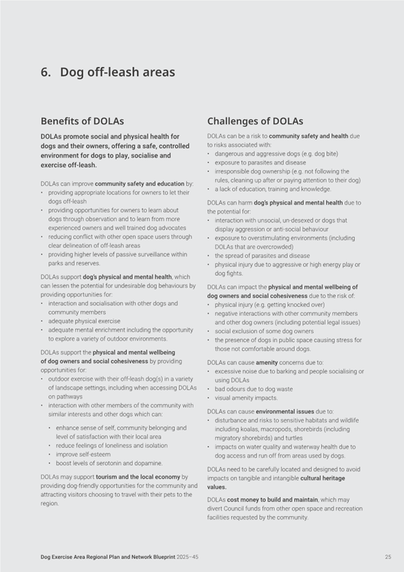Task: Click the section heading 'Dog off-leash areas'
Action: tap(117, 72)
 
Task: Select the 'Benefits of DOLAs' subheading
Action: tap(82, 121)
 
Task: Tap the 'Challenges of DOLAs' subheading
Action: tap(255, 121)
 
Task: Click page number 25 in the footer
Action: tap(388, 556)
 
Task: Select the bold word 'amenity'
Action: tap(266, 363)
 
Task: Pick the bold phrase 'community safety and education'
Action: tap(140, 183)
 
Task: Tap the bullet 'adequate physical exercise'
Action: tap(85, 321)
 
